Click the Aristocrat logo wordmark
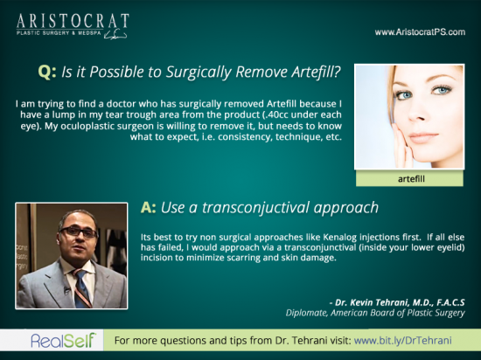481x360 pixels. coord(73,21)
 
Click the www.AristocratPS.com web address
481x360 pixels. coord(420,32)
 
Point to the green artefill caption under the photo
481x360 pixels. coord(411,179)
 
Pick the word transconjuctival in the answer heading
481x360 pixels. coord(255,208)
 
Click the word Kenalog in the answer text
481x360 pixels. coord(340,238)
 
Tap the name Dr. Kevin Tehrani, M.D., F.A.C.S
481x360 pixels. coord(397,302)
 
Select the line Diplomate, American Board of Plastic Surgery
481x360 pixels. coord(375,313)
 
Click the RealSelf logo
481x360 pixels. coord(63,341)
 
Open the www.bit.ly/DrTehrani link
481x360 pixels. coord(403,341)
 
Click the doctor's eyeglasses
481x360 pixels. coord(79,232)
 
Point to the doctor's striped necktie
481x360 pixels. coord(81,288)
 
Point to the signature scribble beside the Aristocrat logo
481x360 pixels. coord(115,34)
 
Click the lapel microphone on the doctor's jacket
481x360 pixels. coord(66,289)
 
